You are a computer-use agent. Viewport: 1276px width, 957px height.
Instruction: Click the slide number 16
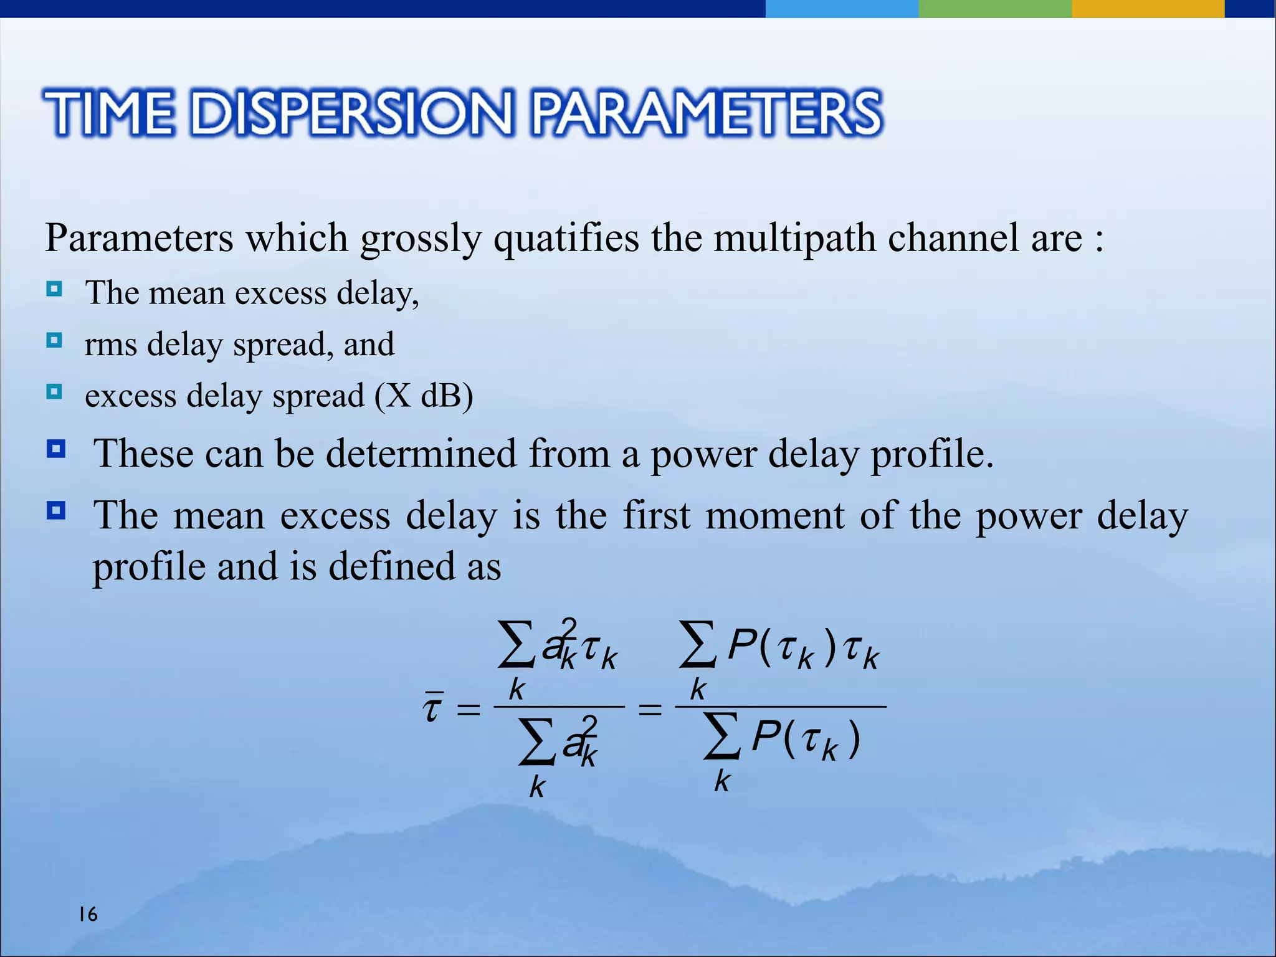coord(88,914)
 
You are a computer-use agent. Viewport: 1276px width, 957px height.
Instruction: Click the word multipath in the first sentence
coord(794,238)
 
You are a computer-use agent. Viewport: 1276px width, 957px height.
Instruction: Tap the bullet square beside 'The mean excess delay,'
coord(55,289)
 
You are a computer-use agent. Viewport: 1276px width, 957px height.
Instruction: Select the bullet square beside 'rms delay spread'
coord(55,341)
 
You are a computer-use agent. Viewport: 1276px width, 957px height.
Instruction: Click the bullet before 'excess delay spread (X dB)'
coord(55,392)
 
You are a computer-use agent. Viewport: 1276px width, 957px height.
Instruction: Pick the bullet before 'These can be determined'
coord(56,449)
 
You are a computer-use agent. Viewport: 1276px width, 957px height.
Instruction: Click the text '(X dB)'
coord(424,396)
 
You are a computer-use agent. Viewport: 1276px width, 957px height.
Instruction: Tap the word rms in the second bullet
coord(110,345)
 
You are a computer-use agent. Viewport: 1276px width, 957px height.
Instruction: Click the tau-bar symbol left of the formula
coord(432,708)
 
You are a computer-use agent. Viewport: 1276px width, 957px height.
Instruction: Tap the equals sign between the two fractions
coord(650,708)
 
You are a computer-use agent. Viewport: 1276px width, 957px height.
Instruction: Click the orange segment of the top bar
coord(1148,9)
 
